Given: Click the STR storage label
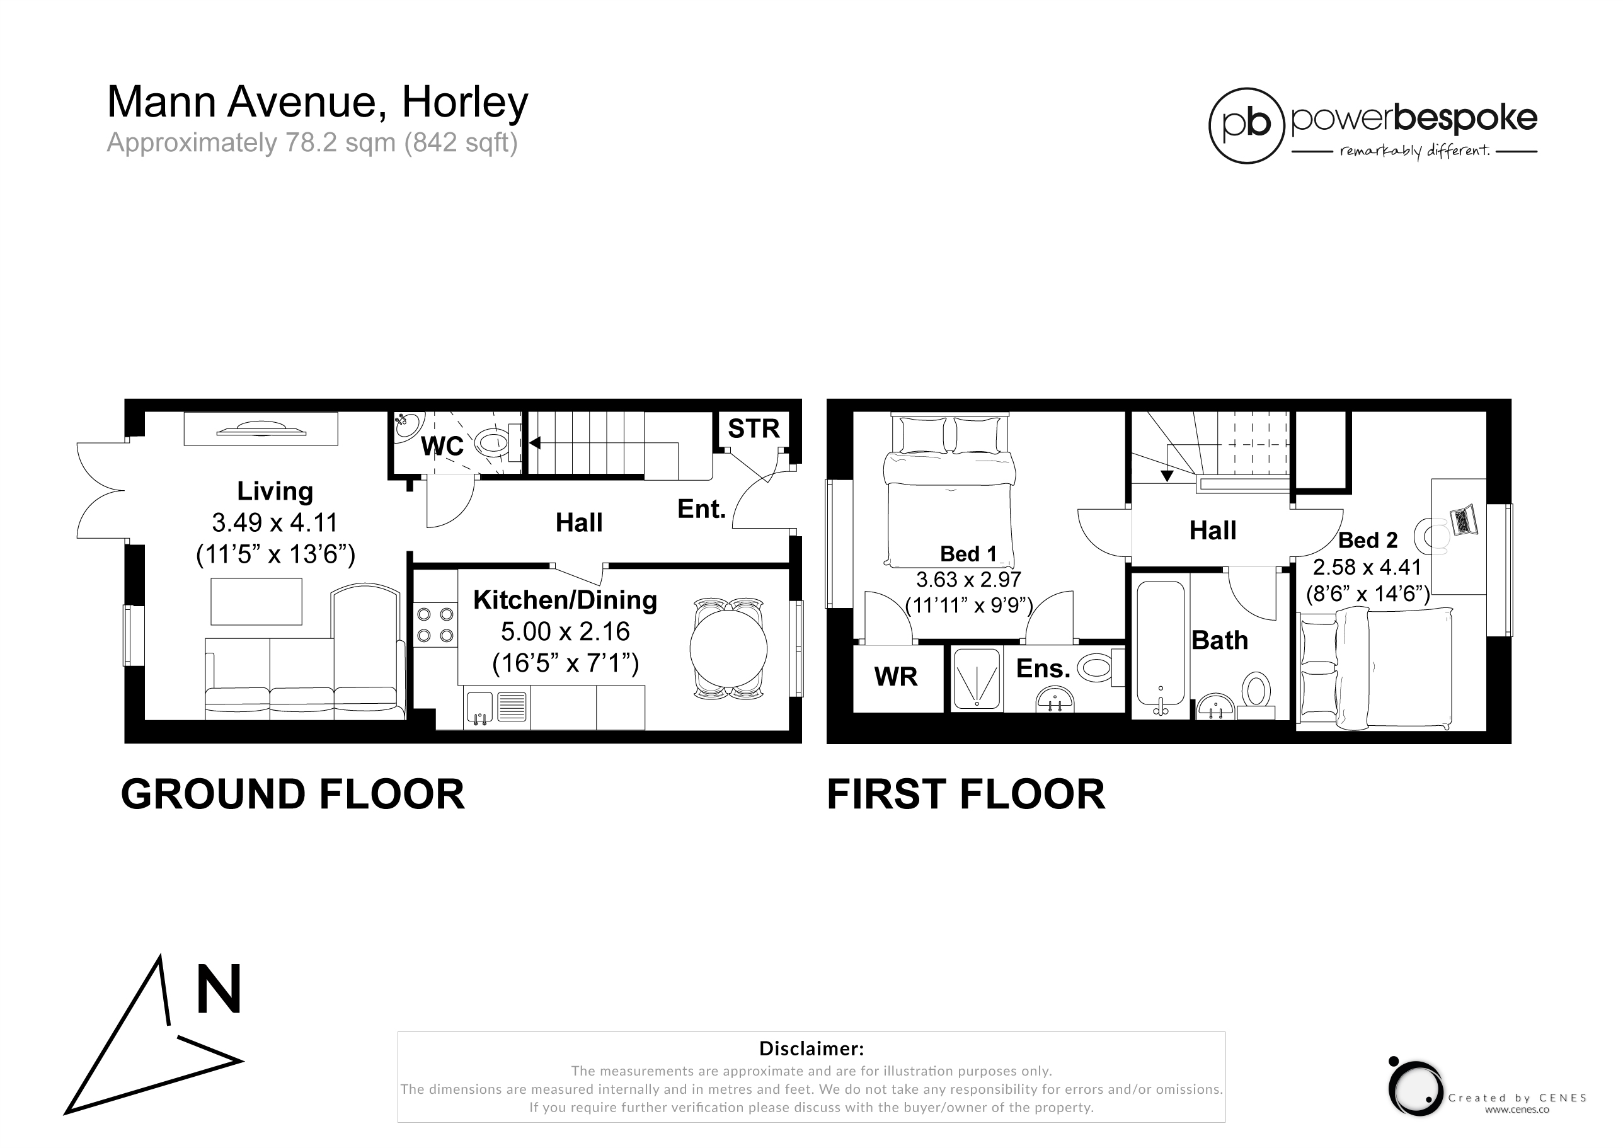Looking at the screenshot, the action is pyautogui.click(x=754, y=428).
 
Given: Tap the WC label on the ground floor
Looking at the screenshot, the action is pyautogui.click(x=442, y=446).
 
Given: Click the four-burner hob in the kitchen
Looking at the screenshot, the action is pyautogui.click(x=435, y=625).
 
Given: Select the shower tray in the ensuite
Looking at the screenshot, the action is pyautogui.click(x=976, y=679).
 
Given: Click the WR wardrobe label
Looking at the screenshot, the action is pyautogui.click(x=896, y=677).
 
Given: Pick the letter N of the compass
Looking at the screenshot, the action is pyautogui.click(x=219, y=990).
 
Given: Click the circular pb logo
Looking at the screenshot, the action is pyautogui.click(x=1246, y=126).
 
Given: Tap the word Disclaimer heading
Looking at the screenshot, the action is pyautogui.click(x=811, y=1048).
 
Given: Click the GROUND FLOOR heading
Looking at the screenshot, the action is pyautogui.click(x=292, y=795).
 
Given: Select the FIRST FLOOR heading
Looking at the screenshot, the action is pyautogui.click(x=966, y=795).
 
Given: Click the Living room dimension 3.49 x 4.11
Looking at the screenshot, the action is pyautogui.click(x=275, y=522).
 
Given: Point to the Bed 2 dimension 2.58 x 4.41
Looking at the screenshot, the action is pyautogui.click(x=1367, y=568).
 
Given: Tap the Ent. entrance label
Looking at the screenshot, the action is pyautogui.click(x=701, y=508).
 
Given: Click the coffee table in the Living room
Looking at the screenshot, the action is pyautogui.click(x=256, y=602).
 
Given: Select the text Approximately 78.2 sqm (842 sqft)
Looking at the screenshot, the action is pyautogui.click(x=313, y=143).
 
